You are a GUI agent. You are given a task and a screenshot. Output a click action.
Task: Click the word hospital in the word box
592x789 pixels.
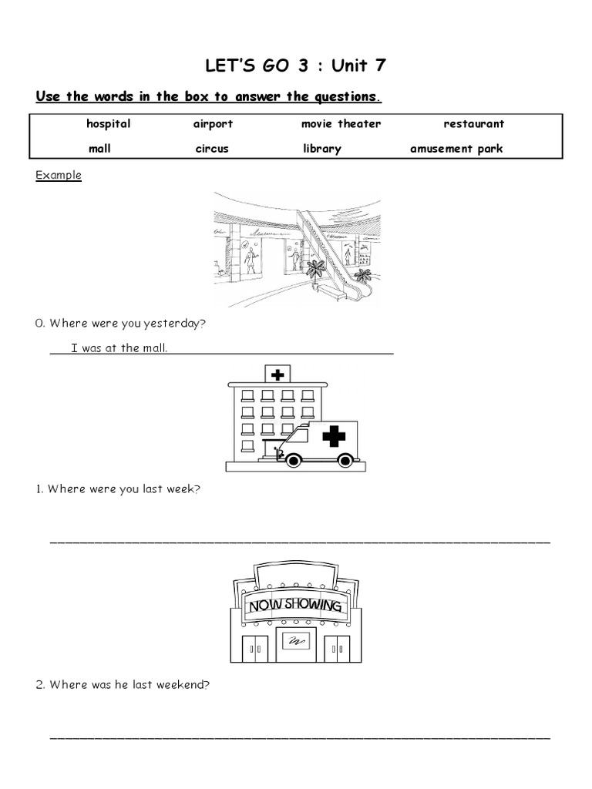[x=108, y=123]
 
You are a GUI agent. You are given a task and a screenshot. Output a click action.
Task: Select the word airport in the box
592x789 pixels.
[x=213, y=123]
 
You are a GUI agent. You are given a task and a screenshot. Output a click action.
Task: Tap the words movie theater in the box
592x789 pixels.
[x=341, y=123]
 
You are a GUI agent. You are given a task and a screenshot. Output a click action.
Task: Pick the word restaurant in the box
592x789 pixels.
[x=473, y=123]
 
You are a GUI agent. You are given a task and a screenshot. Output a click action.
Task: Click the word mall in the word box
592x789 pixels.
[x=99, y=149]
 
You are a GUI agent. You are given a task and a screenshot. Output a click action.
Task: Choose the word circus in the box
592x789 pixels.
[x=212, y=149]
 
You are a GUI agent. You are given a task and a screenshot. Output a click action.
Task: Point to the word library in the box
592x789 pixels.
[x=321, y=149]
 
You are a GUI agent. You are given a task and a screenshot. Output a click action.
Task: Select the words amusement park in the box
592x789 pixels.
[x=456, y=149]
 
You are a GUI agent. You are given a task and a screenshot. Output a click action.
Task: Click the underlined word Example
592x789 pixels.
[x=59, y=175]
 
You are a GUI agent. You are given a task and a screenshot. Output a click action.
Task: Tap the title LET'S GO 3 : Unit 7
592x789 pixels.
[x=295, y=65]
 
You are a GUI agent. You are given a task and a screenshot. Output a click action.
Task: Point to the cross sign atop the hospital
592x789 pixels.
[x=277, y=374]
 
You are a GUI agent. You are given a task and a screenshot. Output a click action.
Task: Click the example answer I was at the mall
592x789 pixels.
[x=119, y=347]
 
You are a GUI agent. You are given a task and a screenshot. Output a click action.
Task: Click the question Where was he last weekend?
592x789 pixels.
[x=123, y=683]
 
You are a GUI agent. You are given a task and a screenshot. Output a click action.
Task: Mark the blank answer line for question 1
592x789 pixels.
[x=300, y=542]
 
